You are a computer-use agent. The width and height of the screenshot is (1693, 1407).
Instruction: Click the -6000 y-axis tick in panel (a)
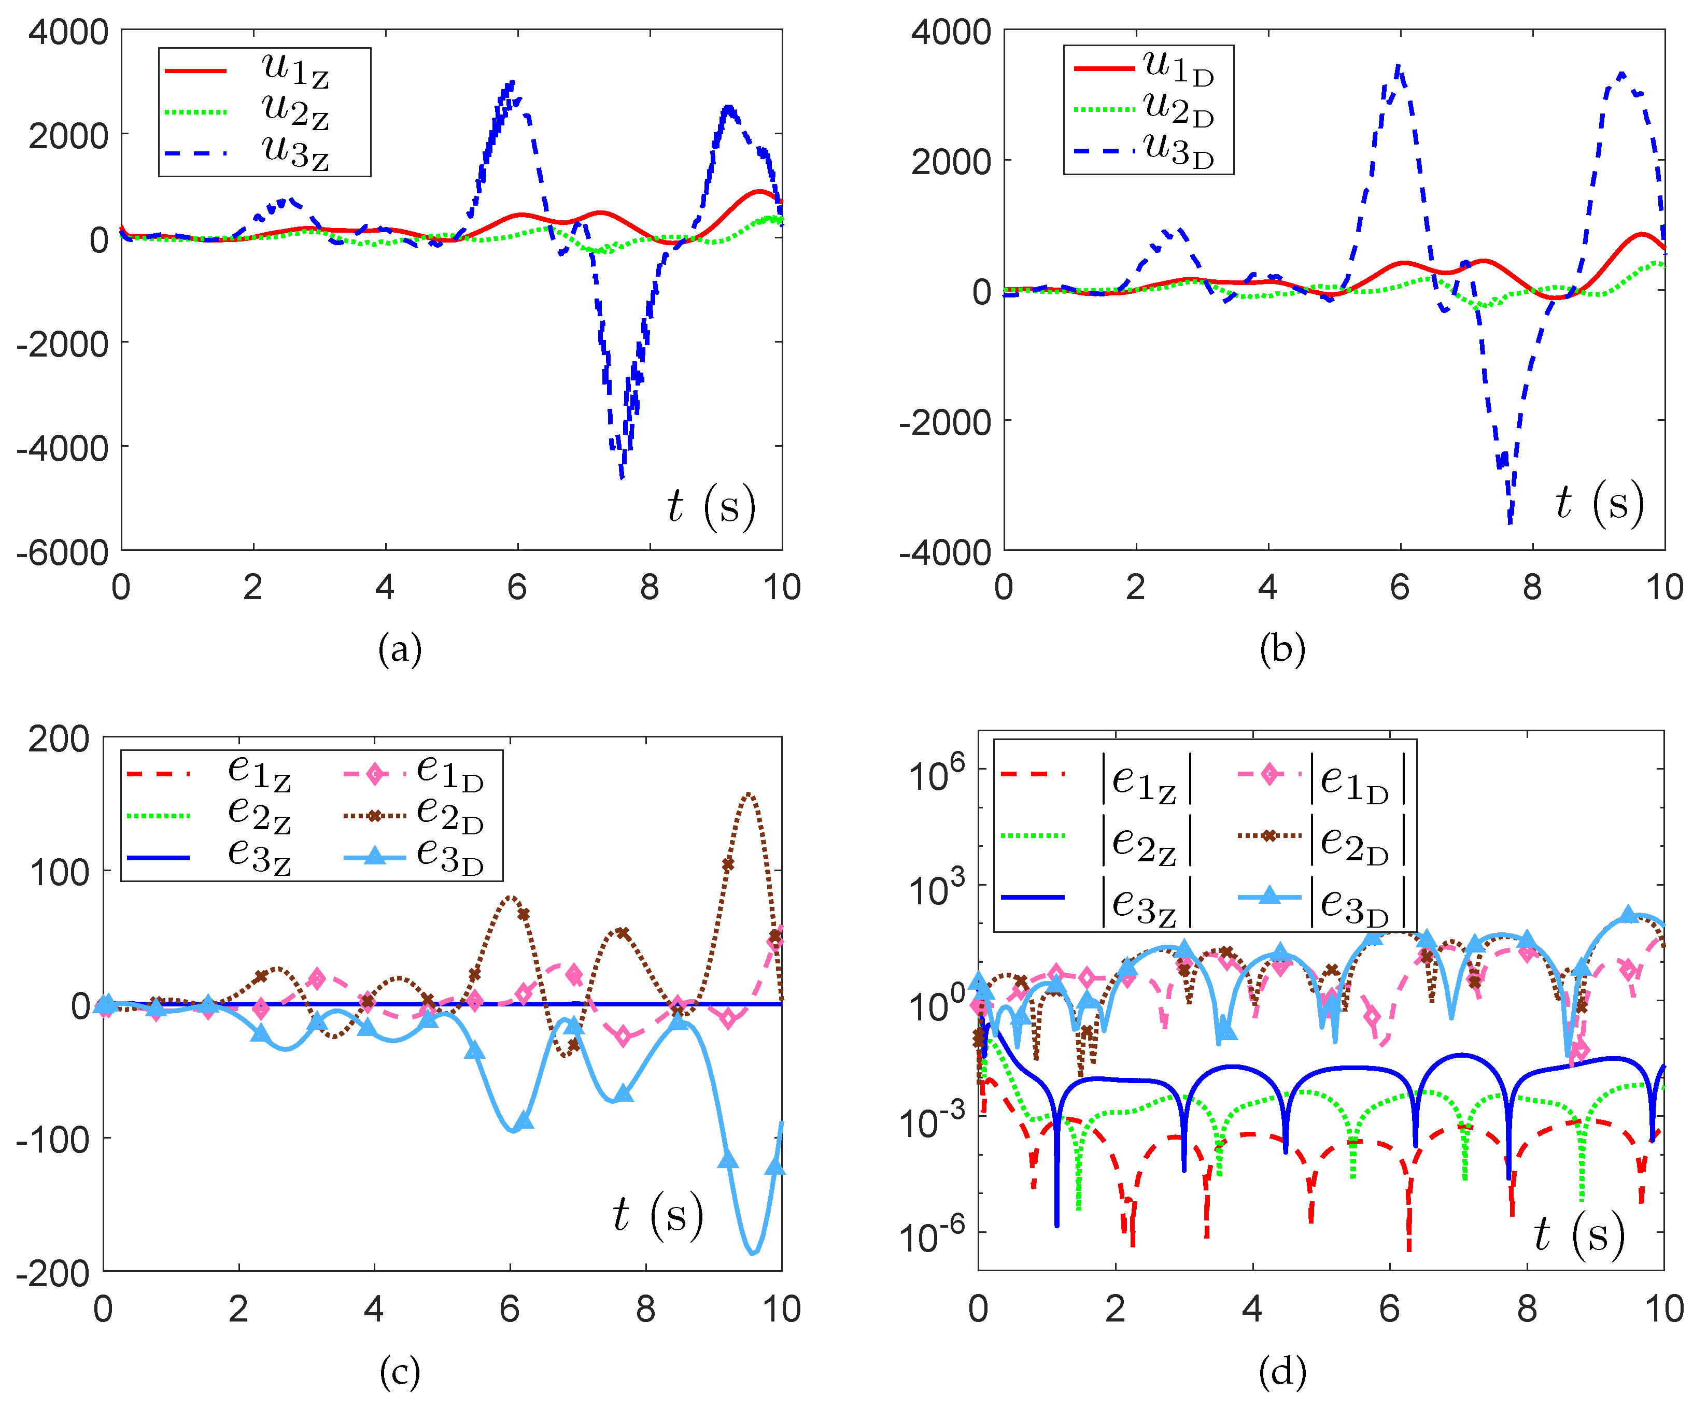(63, 553)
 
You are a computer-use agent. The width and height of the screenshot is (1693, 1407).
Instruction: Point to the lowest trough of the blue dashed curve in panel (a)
(622, 477)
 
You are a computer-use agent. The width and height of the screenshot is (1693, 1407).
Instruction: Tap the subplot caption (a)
(400, 649)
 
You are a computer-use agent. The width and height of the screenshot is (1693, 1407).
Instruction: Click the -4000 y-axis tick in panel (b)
(945, 553)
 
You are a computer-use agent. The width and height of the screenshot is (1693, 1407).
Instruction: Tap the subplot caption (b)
(1282, 649)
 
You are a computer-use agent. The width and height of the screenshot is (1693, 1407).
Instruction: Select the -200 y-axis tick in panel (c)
(52, 1274)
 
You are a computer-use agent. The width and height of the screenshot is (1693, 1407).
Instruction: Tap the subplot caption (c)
(400, 1372)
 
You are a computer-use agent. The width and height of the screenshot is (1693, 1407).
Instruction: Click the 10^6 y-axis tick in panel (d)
(936, 774)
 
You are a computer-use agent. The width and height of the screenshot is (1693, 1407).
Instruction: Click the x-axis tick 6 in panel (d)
(1389, 1310)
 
